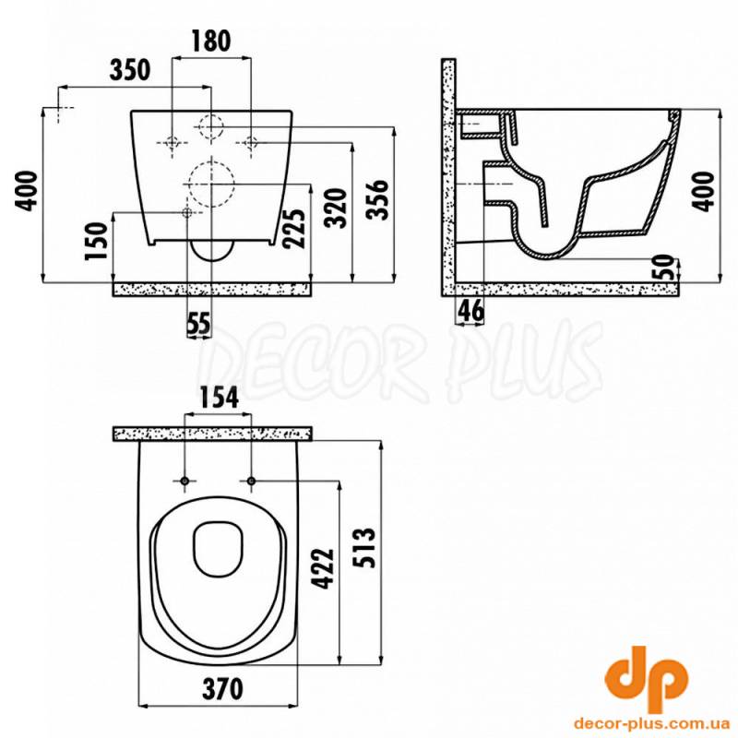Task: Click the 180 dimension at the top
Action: [x=211, y=41]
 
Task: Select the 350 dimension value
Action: [x=130, y=70]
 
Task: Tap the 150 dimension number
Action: [x=97, y=241]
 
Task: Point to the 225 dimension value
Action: [x=293, y=228]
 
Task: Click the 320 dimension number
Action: [x=338, y=208]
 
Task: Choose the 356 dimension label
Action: [x=378, y=199]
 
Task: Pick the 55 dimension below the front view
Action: [x=198, y=324]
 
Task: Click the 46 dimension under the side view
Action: [x=470, y=310]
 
